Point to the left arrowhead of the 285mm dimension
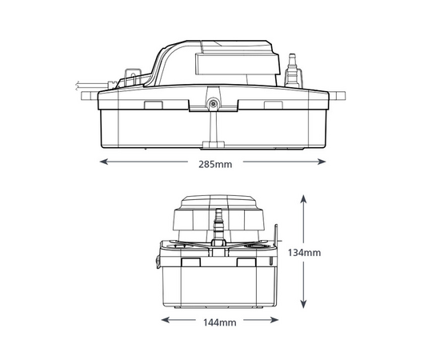(x=102, y=161)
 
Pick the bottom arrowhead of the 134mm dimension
(x=302, y=307)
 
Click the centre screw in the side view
(x=213, y=102)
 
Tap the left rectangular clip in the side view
(x=152, y=103)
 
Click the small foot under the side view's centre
(x=213, y=144)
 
